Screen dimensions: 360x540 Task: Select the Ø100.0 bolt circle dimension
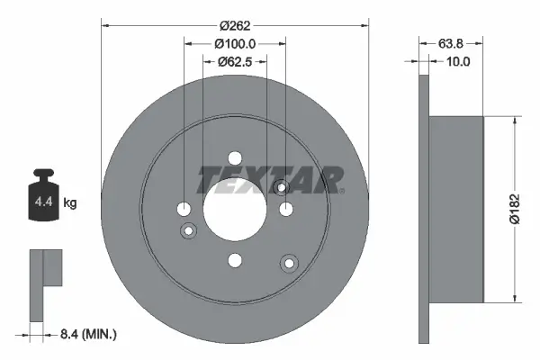point(235,42)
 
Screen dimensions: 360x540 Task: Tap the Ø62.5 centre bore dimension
point(235,61)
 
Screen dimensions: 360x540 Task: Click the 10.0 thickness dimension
point(460,61)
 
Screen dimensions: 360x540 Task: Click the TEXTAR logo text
point(271,179)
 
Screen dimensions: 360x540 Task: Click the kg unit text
point(70,203)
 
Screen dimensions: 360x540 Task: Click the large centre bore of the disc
point(235,209)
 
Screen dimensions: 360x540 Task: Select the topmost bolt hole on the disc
point(235,157)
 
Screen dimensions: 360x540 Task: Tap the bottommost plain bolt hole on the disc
point(235,261)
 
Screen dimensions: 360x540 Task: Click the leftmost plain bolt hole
point(184,209)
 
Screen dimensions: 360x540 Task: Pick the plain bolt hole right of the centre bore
point(287,209)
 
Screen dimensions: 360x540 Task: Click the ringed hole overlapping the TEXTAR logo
point(281,186)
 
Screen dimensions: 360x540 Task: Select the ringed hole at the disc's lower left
point(189,231)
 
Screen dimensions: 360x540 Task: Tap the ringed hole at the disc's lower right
point(289,263)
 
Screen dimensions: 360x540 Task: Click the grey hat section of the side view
point(458,209)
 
